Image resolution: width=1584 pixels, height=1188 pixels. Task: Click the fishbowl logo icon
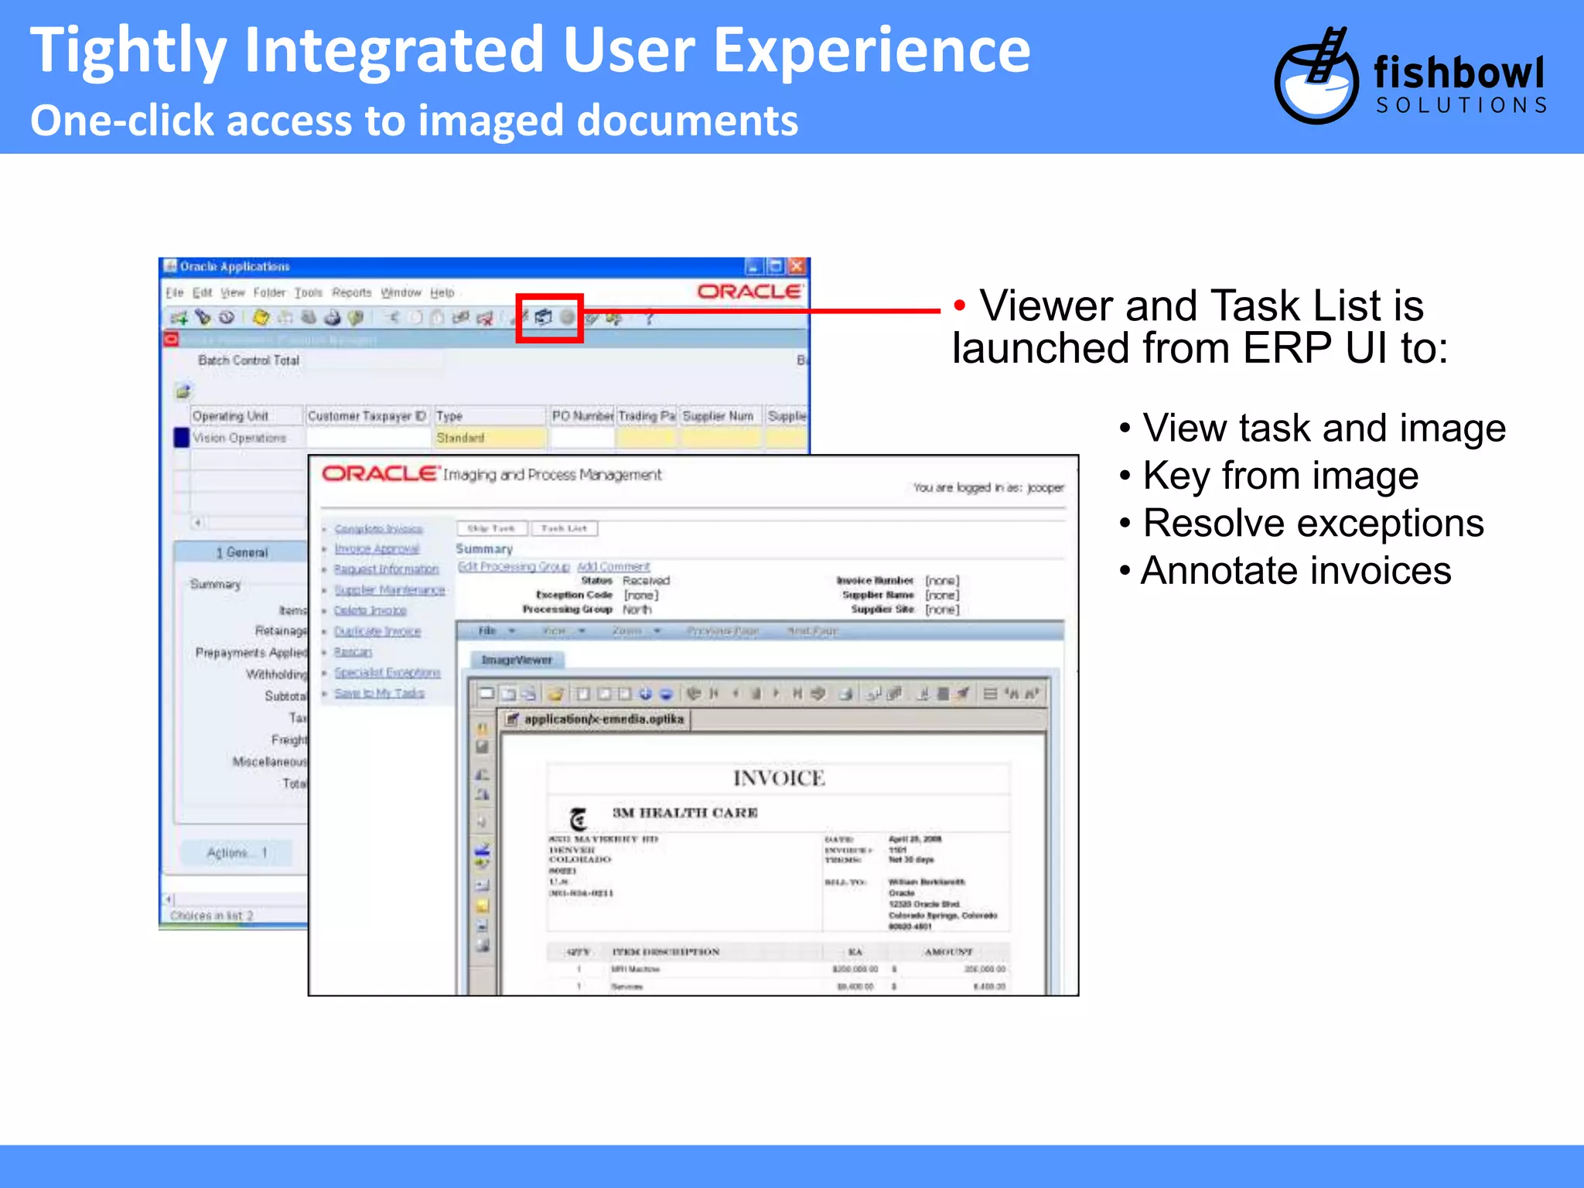[1316, 77]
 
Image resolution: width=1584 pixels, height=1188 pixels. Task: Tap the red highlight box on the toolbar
[549, 318]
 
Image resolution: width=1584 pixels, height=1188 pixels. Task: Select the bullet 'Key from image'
[1280, 476]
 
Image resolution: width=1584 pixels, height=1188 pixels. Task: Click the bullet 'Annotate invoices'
[1296, 571]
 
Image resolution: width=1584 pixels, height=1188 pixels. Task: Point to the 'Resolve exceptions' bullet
[1313, 524]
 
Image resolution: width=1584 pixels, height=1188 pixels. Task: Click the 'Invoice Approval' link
[377, 549]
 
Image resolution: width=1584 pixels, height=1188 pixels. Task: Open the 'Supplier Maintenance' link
[389, 590]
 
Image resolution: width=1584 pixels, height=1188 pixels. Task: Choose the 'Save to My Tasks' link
[379, 693]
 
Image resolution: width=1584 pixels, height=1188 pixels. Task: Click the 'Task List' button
[564, 528]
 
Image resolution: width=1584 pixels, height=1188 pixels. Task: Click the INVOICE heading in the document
[778, 778]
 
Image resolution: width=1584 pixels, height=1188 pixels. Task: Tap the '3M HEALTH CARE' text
[684, 813]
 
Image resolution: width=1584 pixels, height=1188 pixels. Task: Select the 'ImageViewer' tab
[517, 660]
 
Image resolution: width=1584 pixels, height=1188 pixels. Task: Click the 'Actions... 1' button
[237, 852]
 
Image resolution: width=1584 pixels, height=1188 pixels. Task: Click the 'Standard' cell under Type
[487, 438]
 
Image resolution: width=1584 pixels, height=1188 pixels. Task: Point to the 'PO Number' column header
[582, 416]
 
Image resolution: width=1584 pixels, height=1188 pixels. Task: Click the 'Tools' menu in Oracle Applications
[308, 292]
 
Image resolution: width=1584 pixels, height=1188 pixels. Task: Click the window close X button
[797, 267]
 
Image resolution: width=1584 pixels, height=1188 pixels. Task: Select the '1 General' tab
[241, 552]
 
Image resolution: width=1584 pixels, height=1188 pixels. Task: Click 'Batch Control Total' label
[248, 360]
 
